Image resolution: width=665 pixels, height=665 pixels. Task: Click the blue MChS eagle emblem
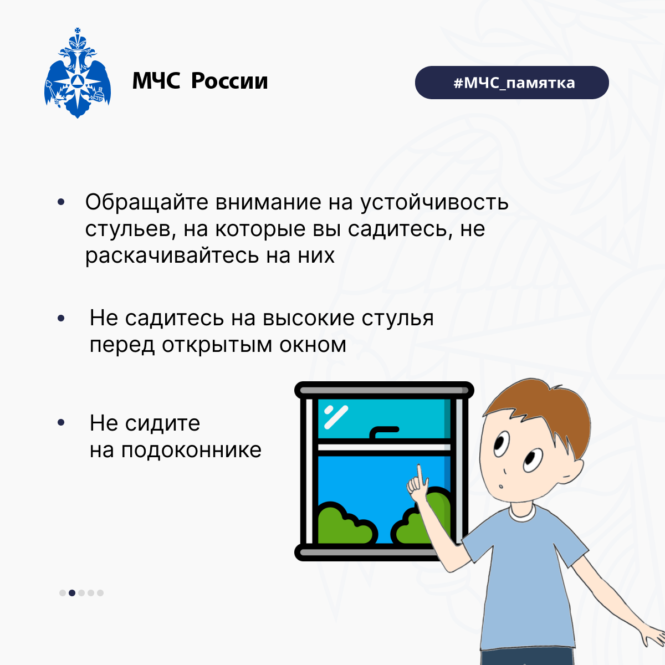(78, 73)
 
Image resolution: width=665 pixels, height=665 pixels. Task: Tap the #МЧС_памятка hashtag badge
(512, 83)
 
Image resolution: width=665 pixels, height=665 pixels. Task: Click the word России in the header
(229, 81)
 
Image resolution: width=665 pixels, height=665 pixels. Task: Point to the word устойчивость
(434, 202)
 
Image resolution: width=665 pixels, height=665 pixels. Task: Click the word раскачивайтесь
(172, 255)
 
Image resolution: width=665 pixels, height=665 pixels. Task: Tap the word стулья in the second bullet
(397, 318)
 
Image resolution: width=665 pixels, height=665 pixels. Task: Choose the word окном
(313, 345)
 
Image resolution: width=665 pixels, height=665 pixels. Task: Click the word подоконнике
(191, 450)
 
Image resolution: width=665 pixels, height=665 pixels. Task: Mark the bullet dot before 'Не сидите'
(61, 423)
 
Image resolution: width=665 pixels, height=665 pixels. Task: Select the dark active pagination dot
(72, 593)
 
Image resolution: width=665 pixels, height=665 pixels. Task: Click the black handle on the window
(384, 432)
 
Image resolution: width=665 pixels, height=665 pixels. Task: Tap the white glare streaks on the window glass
(336, 417)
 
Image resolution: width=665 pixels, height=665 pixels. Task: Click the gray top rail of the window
(384, 390)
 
